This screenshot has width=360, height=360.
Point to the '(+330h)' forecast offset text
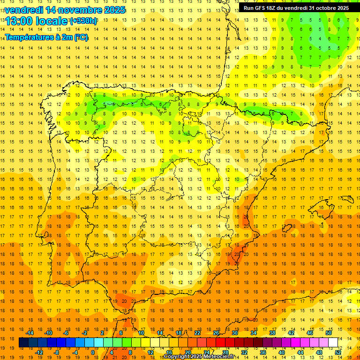[x=83, y=21]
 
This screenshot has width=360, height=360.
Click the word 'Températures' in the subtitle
[x=29, y=37]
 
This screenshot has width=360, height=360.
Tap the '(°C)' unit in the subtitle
[x=81, y=37]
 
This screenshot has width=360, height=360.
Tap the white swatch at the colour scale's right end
[x=333, y=343]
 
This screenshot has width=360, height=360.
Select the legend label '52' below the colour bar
[x=338, y=352]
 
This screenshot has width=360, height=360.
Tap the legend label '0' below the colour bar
[x=93, y=352]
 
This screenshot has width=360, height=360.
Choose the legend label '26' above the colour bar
[x=216, y=333]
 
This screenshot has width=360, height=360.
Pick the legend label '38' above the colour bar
[x=272, y=333]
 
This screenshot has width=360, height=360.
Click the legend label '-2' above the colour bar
[x=85, y=333]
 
